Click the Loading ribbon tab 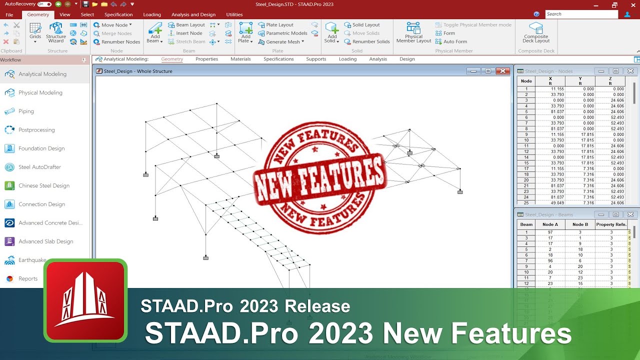coord(152,14)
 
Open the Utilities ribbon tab coord(234,14)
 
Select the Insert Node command coord(189,33)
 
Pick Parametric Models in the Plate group coord(286,33)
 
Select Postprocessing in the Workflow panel coord(36,130)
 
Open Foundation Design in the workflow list coord(41,148)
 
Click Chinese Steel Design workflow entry coord(44,185)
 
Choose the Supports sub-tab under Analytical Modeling coord(316,59)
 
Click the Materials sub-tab coord(240,59)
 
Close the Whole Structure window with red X coord(502,71)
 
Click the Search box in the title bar coord(581,14)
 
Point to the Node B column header coord(580,224)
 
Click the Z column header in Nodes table coord(610,81)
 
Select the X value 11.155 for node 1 coord(558,89)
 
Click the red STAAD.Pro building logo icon coord(85,300)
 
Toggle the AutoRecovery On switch coord(44,4)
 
